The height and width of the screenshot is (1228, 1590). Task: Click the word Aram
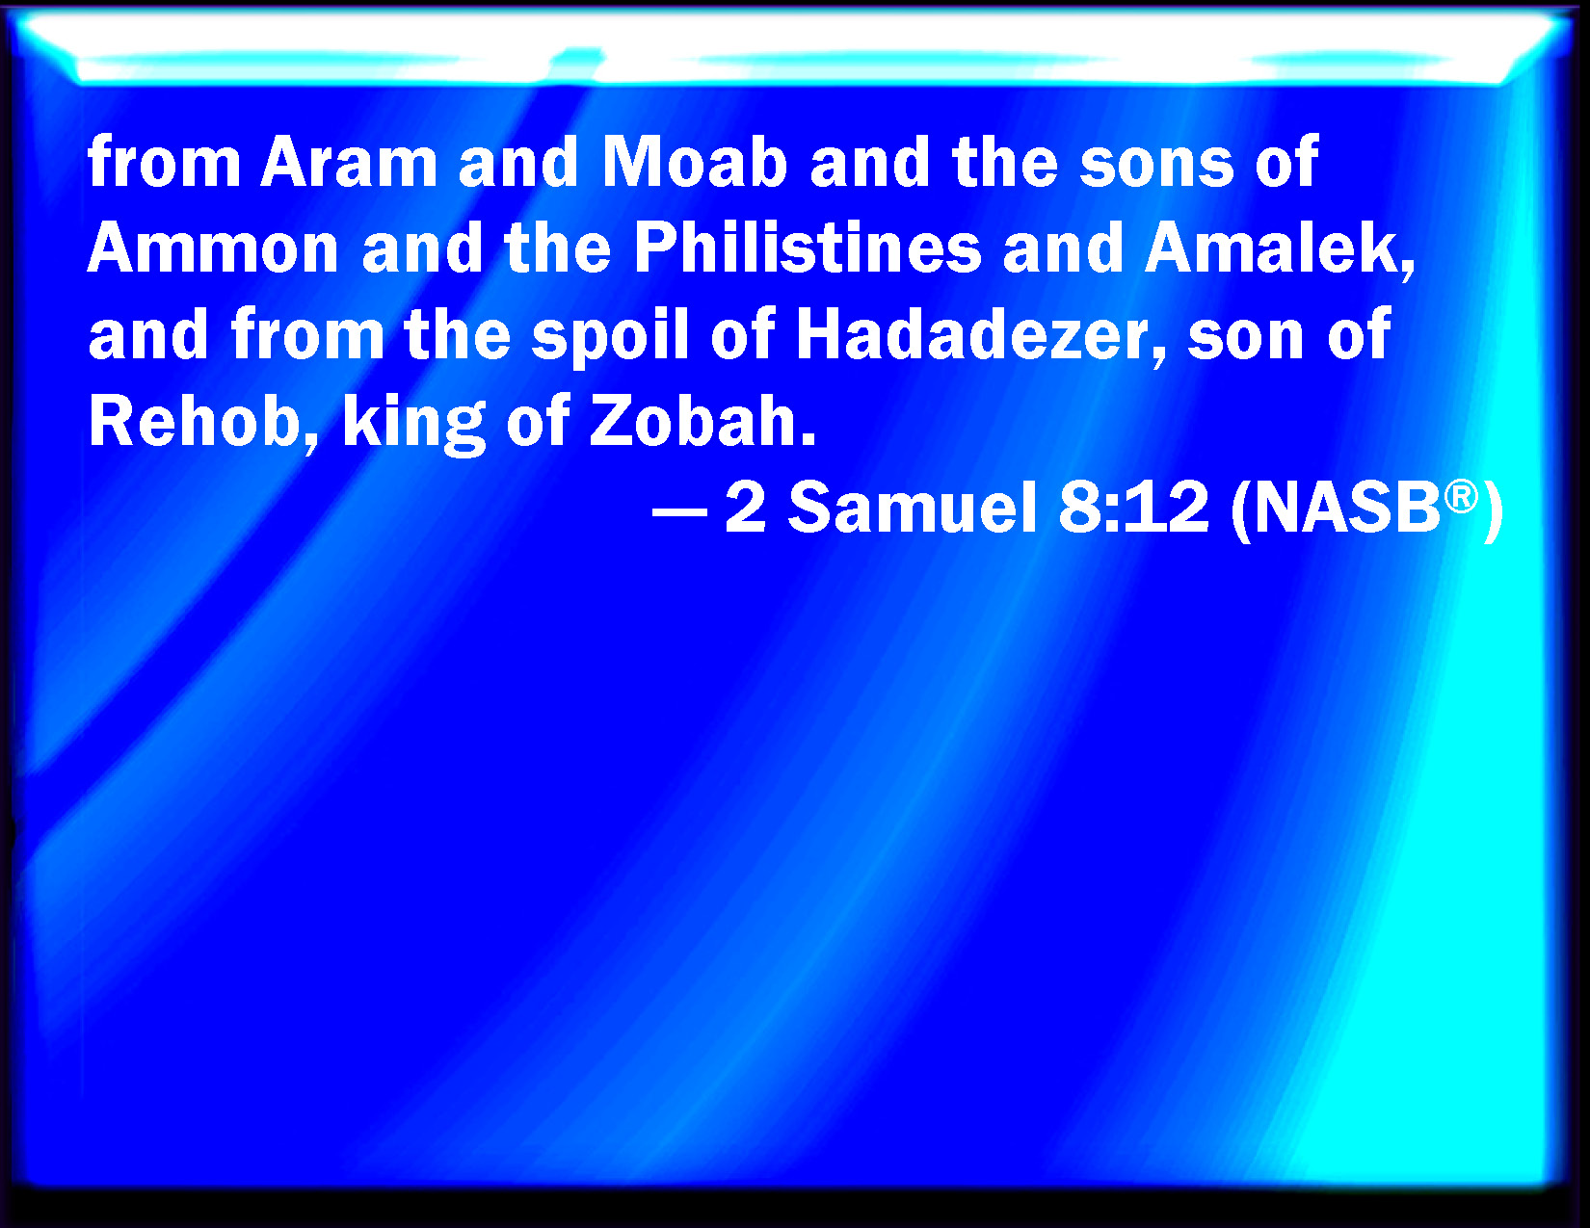(348, 162)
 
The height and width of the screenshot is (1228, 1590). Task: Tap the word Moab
(694, 162)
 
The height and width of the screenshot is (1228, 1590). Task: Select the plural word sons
(1156, 164)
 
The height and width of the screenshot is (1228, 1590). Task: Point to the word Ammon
(213, 248)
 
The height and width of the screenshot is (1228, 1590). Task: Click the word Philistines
(808, 248)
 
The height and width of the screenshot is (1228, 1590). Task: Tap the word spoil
(610, 337)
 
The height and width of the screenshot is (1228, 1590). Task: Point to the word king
(415, 426)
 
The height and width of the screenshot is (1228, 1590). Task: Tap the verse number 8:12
(1133, 508)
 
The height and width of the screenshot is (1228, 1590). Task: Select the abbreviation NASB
(1347, 509)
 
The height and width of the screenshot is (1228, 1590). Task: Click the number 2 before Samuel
(745, 508)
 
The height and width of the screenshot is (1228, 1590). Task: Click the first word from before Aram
(164, 162)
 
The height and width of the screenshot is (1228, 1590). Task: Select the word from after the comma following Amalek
(308, 336)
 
